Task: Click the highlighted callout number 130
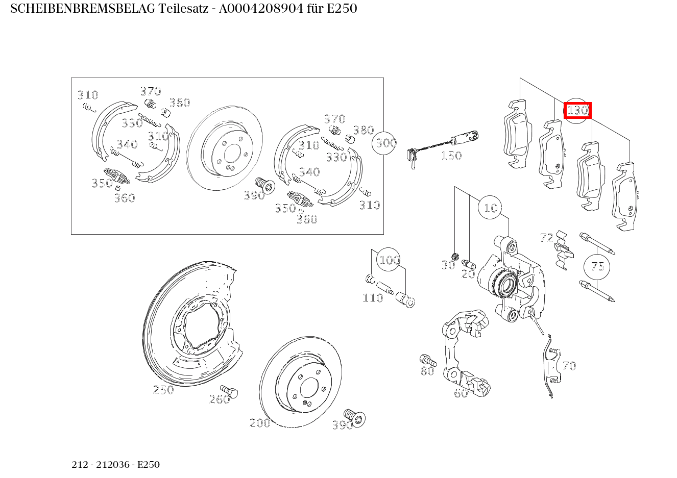tap(577, 110)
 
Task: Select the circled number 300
tap(386, 143)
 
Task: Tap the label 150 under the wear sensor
tap(451, 156)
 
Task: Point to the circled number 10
tap(490, 208)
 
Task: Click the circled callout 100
tap(389, 260)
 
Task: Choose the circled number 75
tap(597, 266)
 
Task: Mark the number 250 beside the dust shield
tap(163, 390)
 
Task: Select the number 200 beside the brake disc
tap(260, 422)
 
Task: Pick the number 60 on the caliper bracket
tap(461, 393)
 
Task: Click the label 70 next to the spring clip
tap(569, 366)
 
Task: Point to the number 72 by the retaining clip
tap(546, 238)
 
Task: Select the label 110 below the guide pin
tap(373, 298)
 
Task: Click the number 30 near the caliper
tap(448, 265)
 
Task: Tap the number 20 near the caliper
tap(468, 274)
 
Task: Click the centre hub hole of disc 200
tap(309, 388)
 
